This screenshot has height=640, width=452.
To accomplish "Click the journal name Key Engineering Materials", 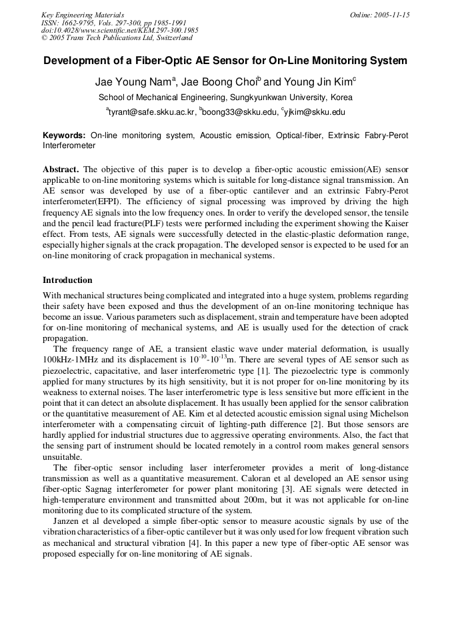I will [83, 15].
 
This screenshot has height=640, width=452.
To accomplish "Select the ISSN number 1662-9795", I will [81, 23].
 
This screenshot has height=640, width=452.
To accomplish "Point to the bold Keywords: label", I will [64, 135].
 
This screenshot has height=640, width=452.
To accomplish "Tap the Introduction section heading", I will [67, 280].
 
